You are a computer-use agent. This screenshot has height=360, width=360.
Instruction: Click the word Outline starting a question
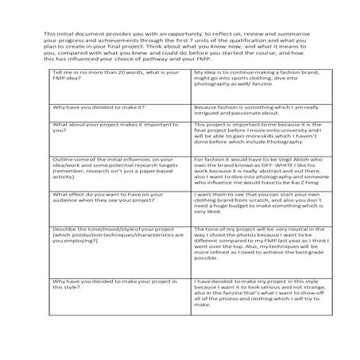pyautogui.click(x=61, y=158)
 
